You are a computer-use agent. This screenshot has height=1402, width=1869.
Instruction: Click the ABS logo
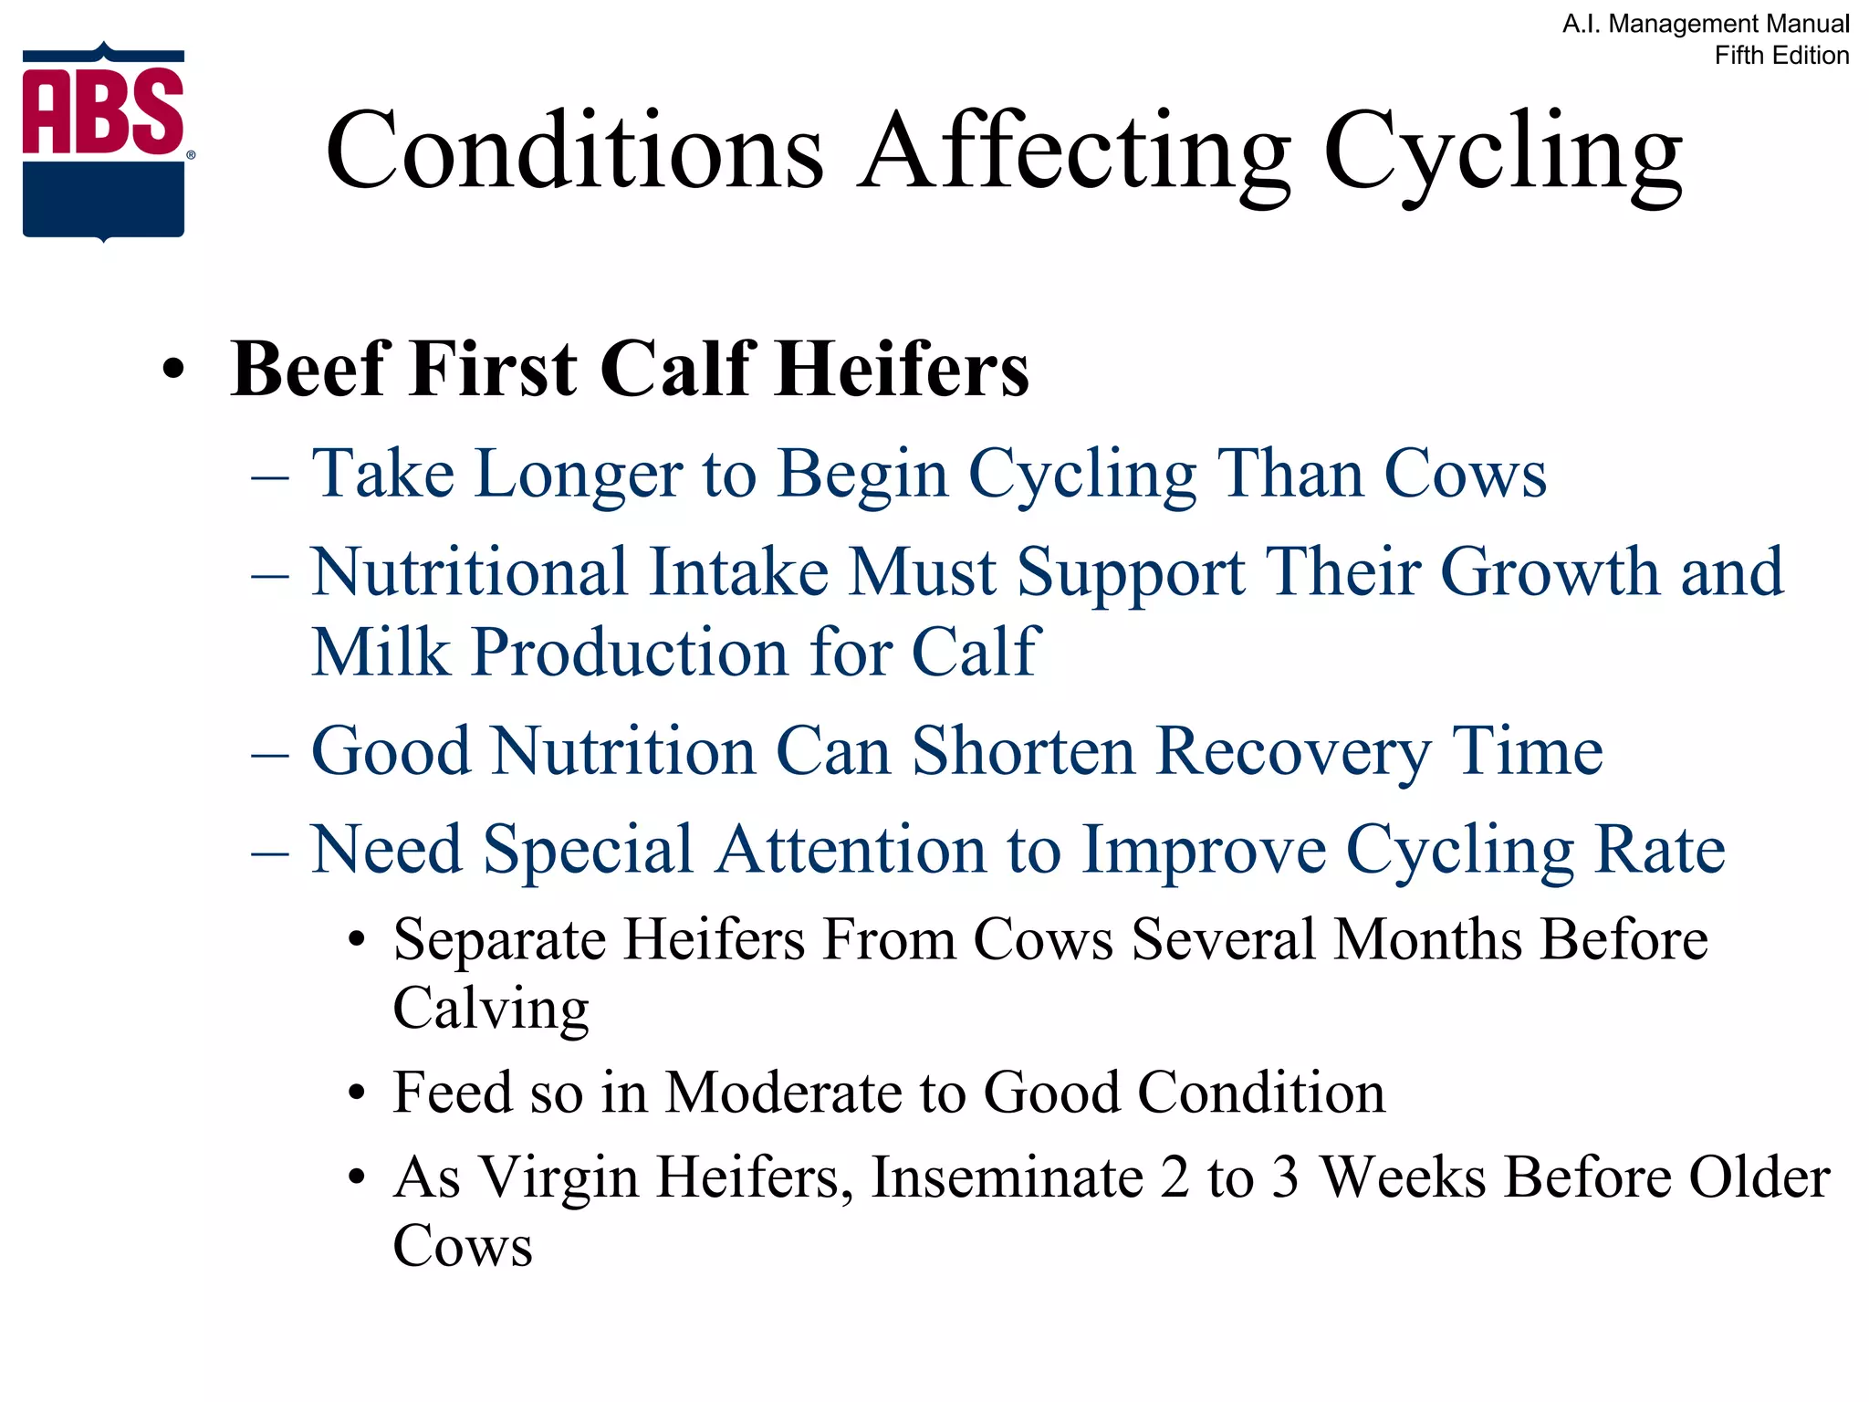pos(104,141)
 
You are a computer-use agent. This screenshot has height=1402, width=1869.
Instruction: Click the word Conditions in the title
pos(575,151)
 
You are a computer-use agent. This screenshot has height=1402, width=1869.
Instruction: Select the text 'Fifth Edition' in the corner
pos(1781,56)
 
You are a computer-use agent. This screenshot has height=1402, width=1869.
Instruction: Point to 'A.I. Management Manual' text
pos(1706,24)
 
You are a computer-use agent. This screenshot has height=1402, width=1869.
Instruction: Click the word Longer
pos(579,475)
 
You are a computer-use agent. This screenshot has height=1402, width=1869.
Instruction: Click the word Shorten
pos(1024,751)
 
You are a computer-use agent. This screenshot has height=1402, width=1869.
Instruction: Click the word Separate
pos(499,939)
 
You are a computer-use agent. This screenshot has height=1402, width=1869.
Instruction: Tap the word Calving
pos(491,1010)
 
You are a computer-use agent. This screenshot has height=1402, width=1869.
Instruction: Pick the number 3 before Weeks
pos(1285,1177)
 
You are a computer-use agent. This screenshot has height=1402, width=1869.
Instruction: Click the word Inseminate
pos(1008,1177)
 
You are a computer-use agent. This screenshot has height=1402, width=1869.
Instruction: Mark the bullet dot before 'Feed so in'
pos(357,1093)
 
